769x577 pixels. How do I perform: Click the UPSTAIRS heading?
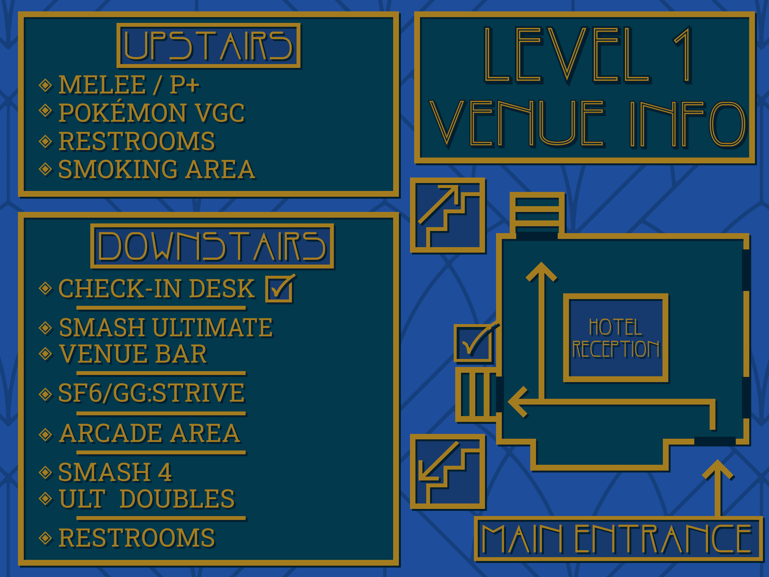(x=209, y=46)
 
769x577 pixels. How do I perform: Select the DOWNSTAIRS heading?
(x=212, y=246)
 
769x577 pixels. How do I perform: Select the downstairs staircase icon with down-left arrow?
(x=448, y=472)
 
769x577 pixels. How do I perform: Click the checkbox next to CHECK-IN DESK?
(x=279, y=289)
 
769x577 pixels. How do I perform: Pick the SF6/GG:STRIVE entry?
(x=152, y=393)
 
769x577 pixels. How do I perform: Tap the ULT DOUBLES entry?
(x=147, y=499)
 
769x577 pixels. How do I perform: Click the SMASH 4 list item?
(x=115, y=472)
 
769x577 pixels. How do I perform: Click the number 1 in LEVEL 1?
(x=683, y=55)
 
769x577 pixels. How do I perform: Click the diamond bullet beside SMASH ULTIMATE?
(x=46, y=328)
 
